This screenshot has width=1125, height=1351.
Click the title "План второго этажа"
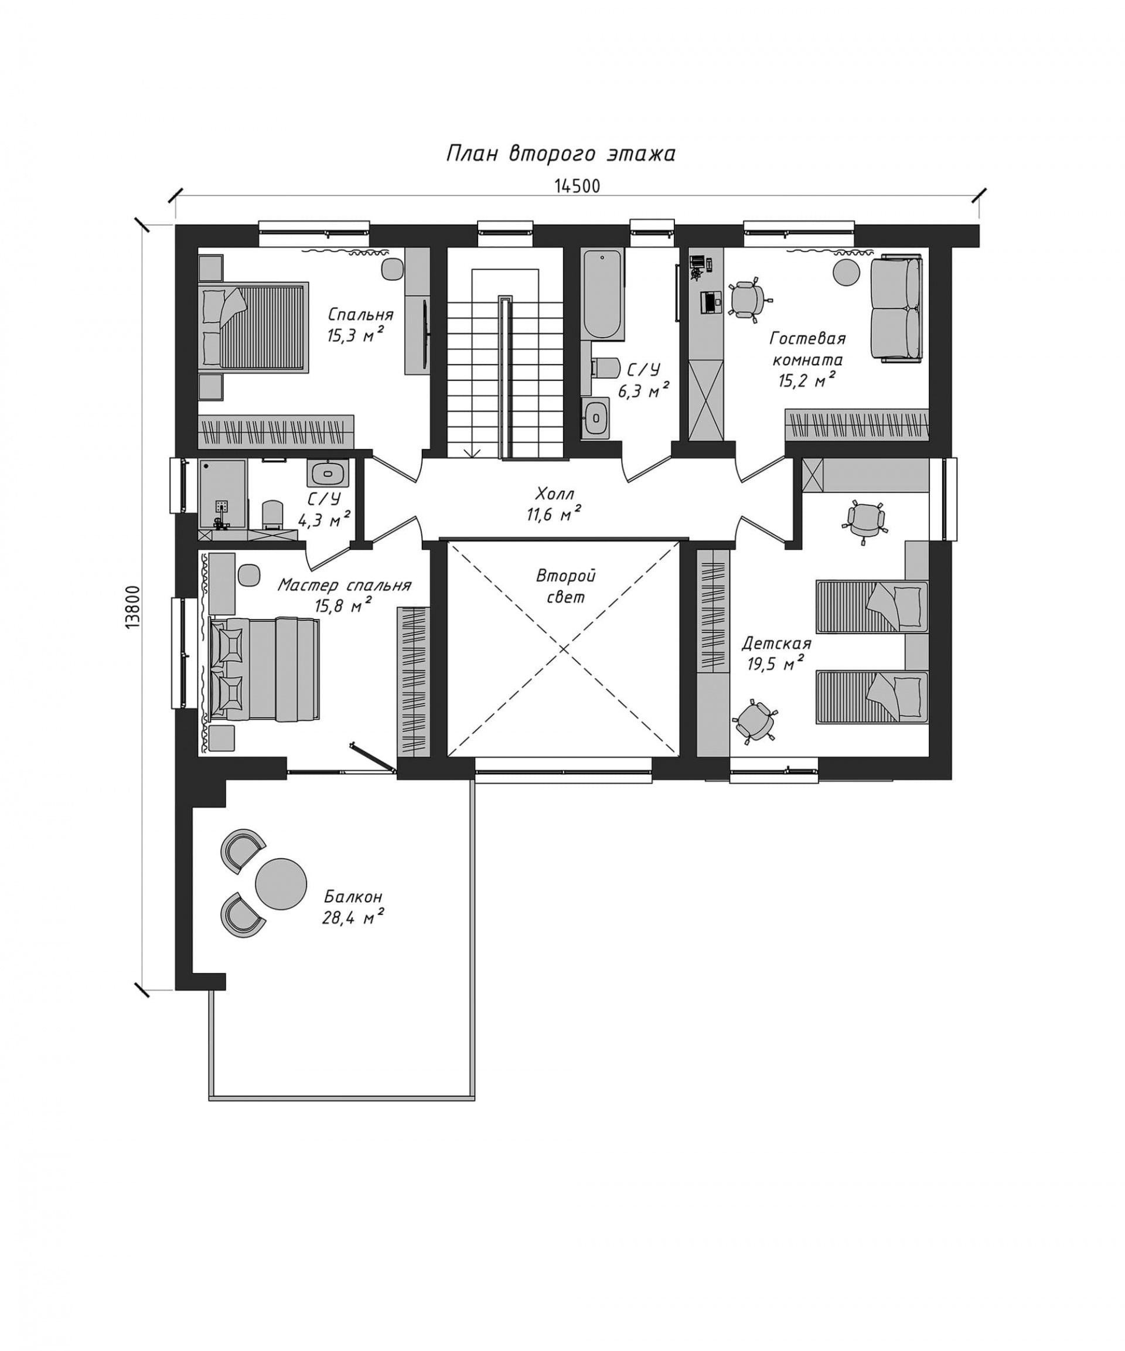(x=560, y=154)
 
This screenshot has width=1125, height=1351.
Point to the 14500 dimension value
(x=577, y=186)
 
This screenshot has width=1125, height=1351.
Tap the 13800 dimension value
(x=132, y=607)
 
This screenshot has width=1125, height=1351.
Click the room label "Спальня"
(x=360, y=315)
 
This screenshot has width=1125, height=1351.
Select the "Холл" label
(x=554, y=494)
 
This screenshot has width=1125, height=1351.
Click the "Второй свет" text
(x=566, y=586)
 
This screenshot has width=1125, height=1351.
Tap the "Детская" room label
(x=776, y=644)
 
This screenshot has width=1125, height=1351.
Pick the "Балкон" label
(x=353, y=896)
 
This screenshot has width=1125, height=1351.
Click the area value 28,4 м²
(x=353, y=917)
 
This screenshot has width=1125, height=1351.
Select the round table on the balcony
(x=281, y=883)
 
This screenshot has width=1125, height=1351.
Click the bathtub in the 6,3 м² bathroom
(x=604, y=295)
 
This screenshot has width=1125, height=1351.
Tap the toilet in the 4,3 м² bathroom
(x=272, y=515)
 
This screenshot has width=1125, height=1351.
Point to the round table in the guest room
(x=847, y=271)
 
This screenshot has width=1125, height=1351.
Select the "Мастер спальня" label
(x=344, y=586)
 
